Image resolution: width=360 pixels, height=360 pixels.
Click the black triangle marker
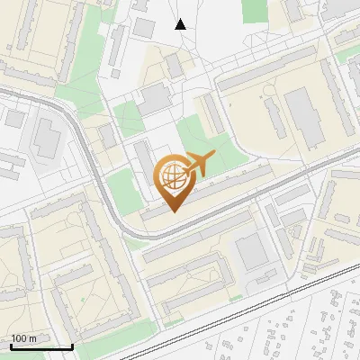181,24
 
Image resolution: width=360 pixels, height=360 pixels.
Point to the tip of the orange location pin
171,211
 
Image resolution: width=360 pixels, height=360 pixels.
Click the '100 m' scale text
23,338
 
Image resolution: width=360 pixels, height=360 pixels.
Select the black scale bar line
40,346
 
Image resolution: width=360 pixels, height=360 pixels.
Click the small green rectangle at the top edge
255,9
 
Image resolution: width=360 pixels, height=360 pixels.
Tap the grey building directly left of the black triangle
144,27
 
